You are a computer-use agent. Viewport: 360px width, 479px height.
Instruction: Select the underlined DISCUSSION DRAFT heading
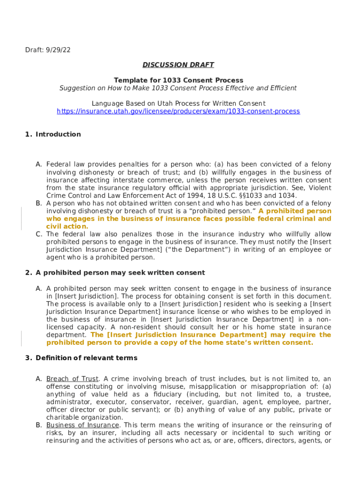point(178,65)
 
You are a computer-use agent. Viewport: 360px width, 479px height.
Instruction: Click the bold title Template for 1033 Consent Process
point(178,80)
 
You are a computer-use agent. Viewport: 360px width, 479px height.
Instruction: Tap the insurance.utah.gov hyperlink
point(178,111)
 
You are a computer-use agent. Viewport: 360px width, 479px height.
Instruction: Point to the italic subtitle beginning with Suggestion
point(178,88)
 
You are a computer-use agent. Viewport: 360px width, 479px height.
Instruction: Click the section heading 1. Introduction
point(53,134)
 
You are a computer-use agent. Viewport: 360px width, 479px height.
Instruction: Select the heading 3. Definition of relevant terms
point(81,358)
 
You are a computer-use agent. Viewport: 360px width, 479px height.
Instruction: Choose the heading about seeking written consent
point(115,273)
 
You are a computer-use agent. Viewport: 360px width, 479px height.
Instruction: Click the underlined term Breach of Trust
point(72,379)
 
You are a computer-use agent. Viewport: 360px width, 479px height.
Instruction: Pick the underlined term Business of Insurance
point(83,425)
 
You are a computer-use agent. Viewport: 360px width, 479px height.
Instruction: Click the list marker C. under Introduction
point(39,234)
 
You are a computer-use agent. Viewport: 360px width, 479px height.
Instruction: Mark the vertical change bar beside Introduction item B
point(21,219)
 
